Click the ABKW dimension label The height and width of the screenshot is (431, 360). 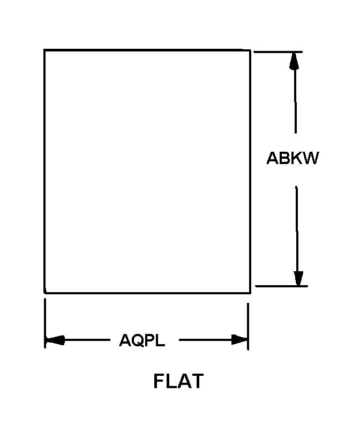point(292,158)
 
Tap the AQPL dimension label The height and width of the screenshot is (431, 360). point(142,340)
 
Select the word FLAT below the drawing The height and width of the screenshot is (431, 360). point(178,381)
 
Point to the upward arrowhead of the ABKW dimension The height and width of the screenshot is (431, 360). point(293,61)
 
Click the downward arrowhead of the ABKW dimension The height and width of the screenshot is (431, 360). point(298,278)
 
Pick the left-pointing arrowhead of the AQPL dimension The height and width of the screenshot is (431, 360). point(54,340)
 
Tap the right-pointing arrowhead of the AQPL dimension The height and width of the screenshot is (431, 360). point(239,340)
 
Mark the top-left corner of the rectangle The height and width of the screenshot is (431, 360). point(45,50)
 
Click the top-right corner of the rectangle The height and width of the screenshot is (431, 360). point(250,50)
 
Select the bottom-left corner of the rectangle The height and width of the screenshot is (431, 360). point(45,293)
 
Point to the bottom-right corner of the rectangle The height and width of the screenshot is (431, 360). point(250,293)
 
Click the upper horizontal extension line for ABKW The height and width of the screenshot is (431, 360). point(278,52)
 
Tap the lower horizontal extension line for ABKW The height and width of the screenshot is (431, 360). point(281,286)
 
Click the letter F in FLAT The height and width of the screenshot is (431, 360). point(159,381)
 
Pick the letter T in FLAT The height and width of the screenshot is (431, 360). point(197,381)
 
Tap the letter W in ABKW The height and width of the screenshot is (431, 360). point(311,158)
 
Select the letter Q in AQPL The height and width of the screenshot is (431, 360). point(137,340)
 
